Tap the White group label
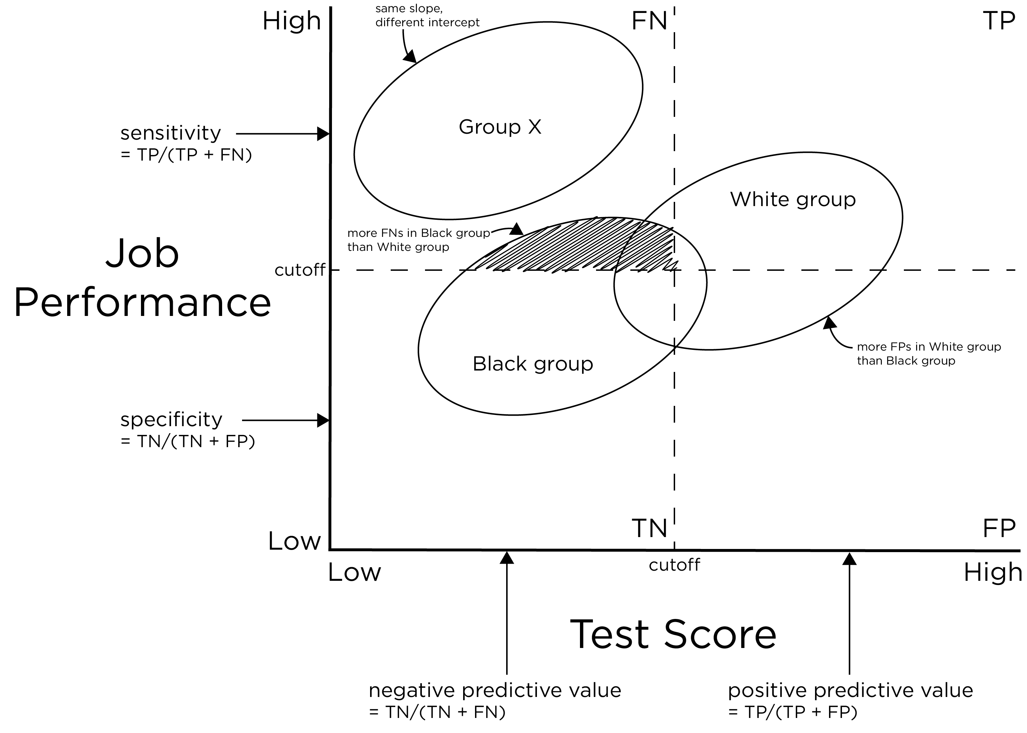coord(792,199)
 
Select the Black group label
coord(532,364)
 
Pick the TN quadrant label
coord(649,528)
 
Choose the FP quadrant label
coord(999,528)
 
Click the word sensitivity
coord(171,134)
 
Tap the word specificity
coord(171,420)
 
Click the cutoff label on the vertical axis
coord(300,270)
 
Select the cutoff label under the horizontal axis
coord(674,565)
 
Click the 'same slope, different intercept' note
coord(427,16)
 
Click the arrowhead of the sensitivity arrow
coord(324,134)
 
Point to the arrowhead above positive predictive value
coord(849,559)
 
